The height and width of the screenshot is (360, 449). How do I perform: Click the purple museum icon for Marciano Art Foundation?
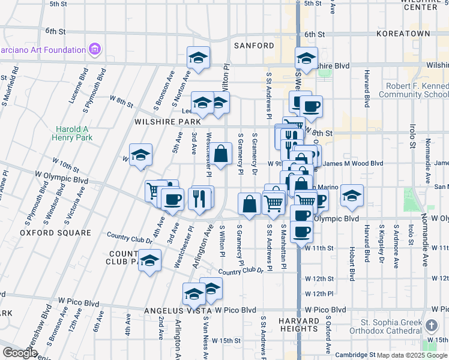point(94,49)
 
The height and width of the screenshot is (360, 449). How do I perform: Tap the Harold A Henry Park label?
point(74,133)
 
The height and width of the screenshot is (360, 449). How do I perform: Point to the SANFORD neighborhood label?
point(254,46)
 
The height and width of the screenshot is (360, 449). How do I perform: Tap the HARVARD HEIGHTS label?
point(298,325)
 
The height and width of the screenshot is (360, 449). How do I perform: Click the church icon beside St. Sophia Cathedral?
point(430,326)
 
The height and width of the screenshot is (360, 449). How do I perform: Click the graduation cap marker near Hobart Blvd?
point(352,195)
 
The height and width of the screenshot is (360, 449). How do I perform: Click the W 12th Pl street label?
point(319,294)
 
